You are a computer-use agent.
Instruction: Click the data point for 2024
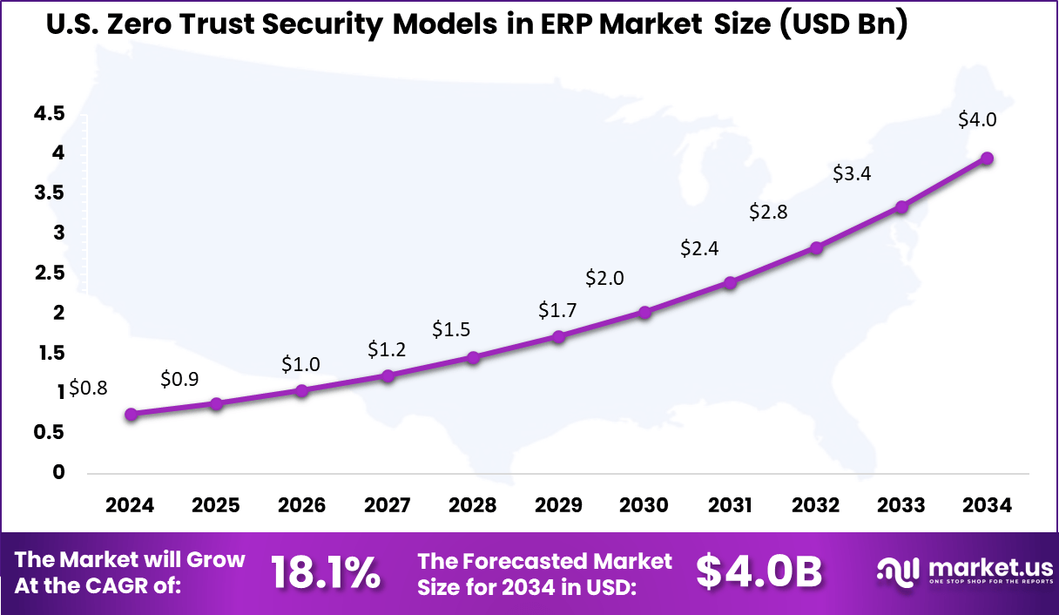tap(132, 415)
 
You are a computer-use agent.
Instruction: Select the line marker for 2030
tap(644, 312)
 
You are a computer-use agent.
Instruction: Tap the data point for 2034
tap(987, 159)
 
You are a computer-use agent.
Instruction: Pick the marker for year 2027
tap(388, 375)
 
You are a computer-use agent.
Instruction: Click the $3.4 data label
tap(852, 173)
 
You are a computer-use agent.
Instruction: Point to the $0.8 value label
tap(88, 388)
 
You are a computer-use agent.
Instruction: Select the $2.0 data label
tap(604, 278)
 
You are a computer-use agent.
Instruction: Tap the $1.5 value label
tap(451, 329)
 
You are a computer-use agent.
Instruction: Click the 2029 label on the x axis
tap(558, 505)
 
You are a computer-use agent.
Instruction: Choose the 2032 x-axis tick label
tap(816, 505)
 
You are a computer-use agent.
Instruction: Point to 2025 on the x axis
tap(216, 505)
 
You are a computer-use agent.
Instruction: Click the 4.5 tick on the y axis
tap(50, 113)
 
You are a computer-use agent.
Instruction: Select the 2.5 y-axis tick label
tap(50, 273)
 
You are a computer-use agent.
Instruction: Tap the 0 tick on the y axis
tap(59, 472)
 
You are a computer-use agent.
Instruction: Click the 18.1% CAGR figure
tap(325, 572)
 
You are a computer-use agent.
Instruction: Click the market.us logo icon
tap(897, 572)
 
